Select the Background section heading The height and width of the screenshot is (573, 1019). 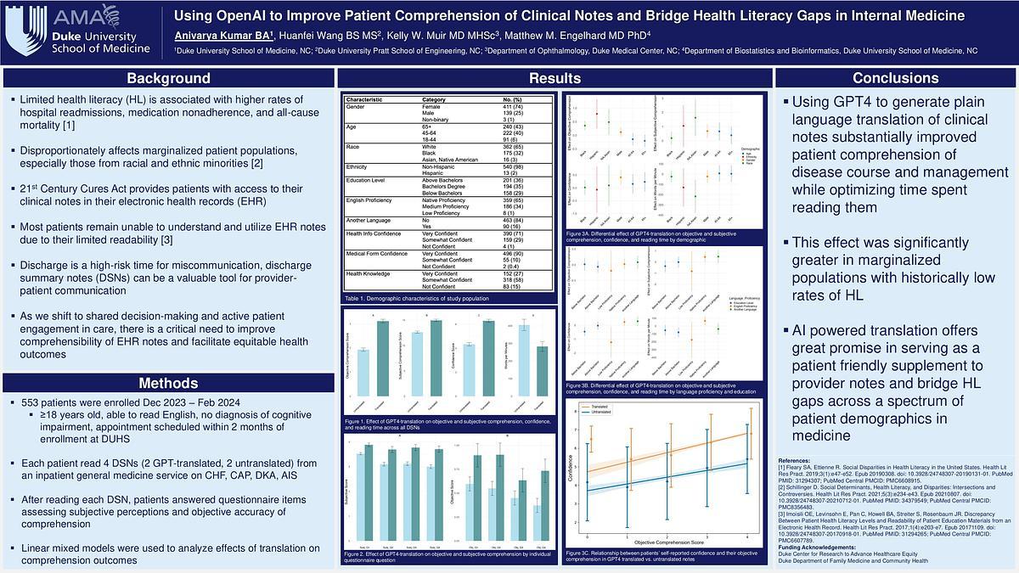[168, 79]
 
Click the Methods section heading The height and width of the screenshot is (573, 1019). [168, 383]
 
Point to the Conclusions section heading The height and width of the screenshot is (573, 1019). [894, 79]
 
